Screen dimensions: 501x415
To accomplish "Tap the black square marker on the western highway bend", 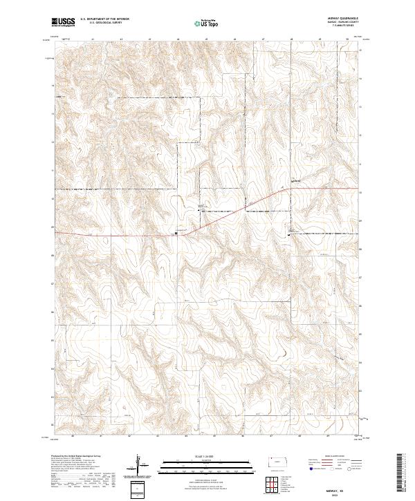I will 176,234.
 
